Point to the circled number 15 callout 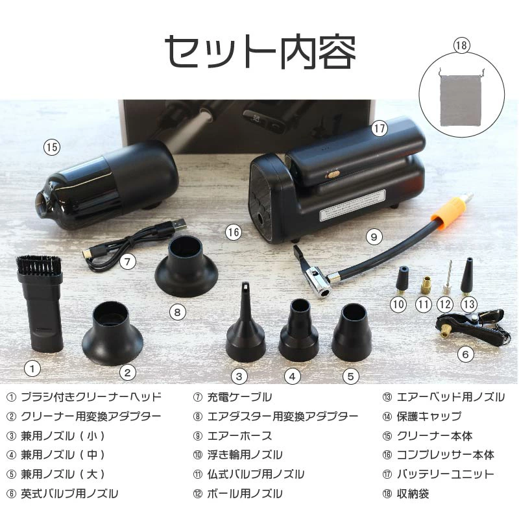[52, 147]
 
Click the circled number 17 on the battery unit [379, 128]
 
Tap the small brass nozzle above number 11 [426, 285]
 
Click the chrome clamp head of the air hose [318, 282]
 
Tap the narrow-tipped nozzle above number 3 [245, 322]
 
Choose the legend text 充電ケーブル [239, 396]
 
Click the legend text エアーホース [239, 435]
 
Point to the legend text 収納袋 [413, 494]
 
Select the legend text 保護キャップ [429, 416]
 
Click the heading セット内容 [260, 51]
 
